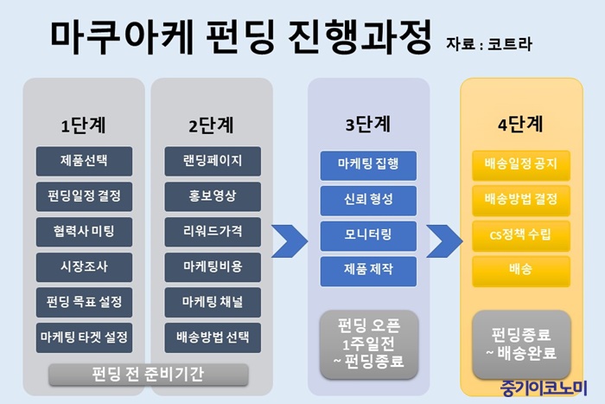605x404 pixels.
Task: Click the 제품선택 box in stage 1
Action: click(x=84, y=161)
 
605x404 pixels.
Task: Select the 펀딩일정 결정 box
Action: click(x=84, y=196)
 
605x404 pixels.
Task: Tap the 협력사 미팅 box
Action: click(x=84, y=232)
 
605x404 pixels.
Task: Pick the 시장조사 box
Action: click(x=84, y=267)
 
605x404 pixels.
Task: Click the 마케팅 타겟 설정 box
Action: click(x=84, y=337)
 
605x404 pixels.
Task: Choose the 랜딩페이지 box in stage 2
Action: click(x=213, y=161)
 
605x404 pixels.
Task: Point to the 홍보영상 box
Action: click(x=213, y=196)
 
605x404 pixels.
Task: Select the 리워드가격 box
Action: click(x=213, y=232)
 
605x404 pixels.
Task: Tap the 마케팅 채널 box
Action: click(x=213, y=302)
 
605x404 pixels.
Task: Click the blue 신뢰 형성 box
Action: click(x=368, y=201)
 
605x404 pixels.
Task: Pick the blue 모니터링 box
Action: click(x=368, y=235)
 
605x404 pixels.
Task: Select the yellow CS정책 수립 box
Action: click(x=521, y=235)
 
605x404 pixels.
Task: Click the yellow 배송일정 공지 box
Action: click(x=521, y=165)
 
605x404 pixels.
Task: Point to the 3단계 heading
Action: click(x=368, y=125)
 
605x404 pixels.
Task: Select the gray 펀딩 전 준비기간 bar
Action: click(x=149, y=375)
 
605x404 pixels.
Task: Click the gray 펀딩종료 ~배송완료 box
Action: click(x=522, y=344)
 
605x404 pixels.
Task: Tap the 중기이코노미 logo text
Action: click(x=544, y=388)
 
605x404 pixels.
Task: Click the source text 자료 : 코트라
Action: click(x=489, y=44)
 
